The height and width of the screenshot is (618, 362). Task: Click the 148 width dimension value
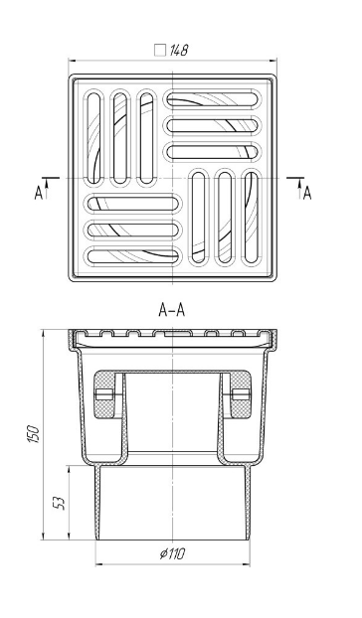click(x=179, y=51)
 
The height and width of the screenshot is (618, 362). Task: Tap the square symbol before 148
click(x=160, y=51)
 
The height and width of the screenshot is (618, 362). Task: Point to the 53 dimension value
click(x=59, y=503)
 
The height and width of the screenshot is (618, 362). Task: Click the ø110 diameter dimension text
click(x=172, y=553)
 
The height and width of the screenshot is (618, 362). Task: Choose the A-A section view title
click(x=171, y=310)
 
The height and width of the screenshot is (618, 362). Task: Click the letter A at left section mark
click(x=38, y=193)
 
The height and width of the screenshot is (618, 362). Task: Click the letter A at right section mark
click(x=307, y=193)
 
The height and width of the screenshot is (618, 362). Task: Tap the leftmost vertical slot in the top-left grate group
click(x=93, y=137)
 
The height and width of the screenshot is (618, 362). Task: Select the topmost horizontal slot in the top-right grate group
click(x=213, y=99)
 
